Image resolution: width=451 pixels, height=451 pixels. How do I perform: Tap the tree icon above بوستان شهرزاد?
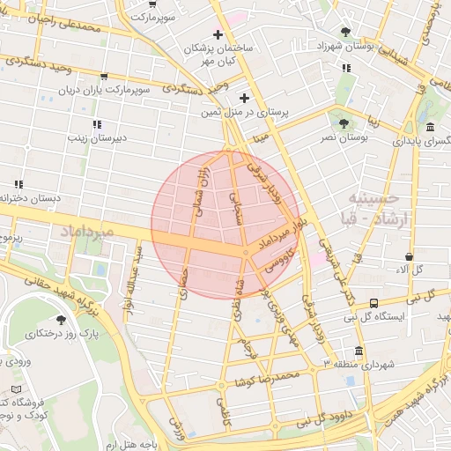click(345, 31)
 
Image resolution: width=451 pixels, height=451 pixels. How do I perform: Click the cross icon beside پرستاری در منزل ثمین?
click(245, 97)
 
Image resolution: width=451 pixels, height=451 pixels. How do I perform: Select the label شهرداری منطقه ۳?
click(359, 363)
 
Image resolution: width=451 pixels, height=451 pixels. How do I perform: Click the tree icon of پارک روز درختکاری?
click(61, 321)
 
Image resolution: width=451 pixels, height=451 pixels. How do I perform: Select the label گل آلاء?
click(421, 269)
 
